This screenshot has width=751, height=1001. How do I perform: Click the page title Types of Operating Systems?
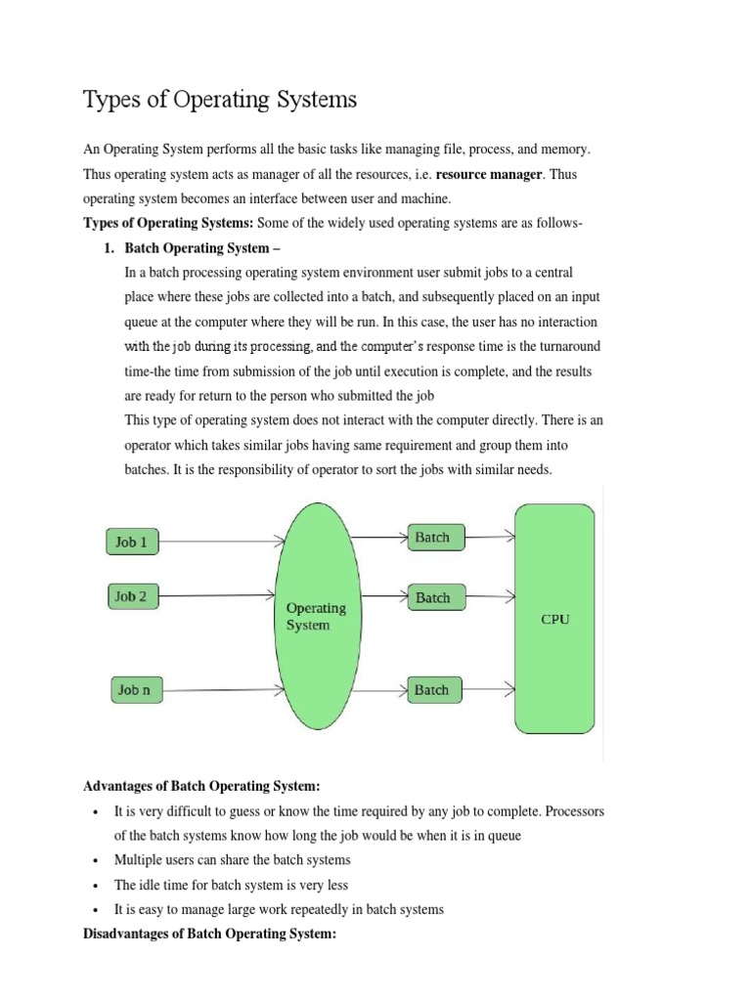coord(220,100)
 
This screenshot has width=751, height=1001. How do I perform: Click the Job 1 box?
coord(132,542)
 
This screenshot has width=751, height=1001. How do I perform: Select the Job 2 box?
coord(132,596)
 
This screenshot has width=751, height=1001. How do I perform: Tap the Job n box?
coord(134,690)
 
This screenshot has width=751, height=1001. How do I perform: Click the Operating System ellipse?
coord(315,616)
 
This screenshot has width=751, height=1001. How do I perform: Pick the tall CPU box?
coord(554,618)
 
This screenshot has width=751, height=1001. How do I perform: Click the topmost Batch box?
coord(432,538)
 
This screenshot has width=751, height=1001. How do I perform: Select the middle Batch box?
coord(432,597)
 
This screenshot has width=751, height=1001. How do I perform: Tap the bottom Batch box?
coord(432,690)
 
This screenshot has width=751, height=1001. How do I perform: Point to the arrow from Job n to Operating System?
coord(220,690)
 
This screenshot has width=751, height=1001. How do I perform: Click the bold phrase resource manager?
coord(488,174)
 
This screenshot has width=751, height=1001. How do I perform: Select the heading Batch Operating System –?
coord(202,247)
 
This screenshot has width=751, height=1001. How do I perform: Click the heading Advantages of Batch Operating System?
coord(202,785)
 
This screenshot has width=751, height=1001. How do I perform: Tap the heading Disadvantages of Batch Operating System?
coord(210,934)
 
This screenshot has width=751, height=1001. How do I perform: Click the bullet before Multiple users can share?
coord(95,861)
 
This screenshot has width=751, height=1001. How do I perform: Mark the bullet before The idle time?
coord(95,886)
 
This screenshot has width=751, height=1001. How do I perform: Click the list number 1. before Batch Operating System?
coord(109,247)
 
